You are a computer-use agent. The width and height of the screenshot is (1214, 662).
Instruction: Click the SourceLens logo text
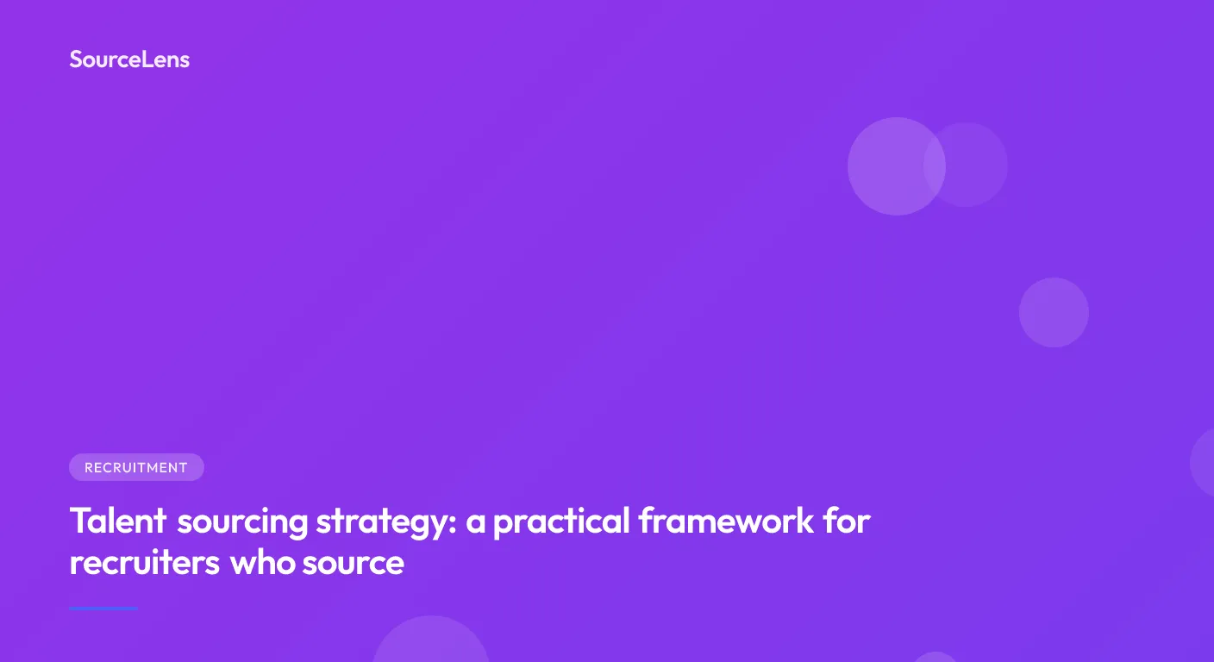point(129,59)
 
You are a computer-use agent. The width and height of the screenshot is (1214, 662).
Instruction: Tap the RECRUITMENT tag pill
point(136,467)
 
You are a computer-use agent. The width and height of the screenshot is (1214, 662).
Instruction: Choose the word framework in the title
point(725,521)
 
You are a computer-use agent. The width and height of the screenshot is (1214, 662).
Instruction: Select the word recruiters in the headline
point(144,563)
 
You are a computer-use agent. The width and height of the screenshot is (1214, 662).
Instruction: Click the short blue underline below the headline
point(103,609)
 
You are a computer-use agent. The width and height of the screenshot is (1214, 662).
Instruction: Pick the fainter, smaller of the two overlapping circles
point(974,165)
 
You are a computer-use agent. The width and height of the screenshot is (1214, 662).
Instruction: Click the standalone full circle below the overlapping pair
point(1054,312)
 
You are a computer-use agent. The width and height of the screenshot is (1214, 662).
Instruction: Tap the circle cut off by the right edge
point(1204,463)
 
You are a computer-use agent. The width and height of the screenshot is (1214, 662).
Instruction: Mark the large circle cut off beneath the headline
point(431,642)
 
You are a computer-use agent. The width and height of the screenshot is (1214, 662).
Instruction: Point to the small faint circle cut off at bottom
point(936,658)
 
